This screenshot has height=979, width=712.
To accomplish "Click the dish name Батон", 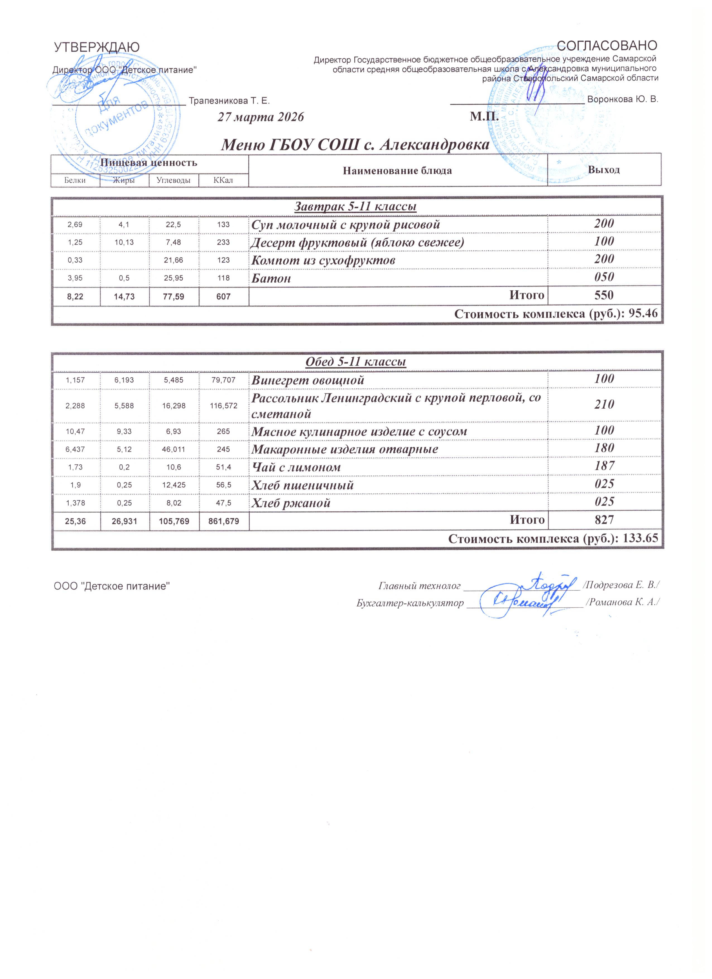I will [271, 278].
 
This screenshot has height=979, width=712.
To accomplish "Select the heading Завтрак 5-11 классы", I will [355, 207].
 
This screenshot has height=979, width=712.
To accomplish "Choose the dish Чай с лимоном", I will [296, 467].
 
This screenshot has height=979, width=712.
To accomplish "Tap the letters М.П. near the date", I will [484, 117].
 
